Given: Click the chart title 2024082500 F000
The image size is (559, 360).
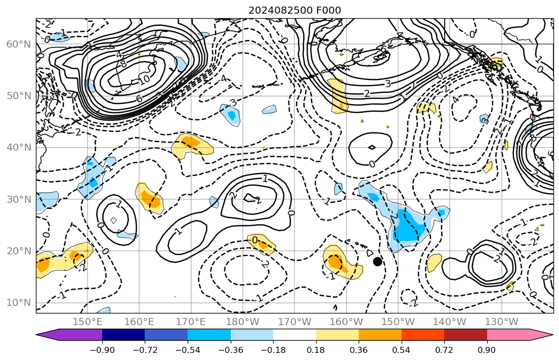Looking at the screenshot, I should click(294, 11).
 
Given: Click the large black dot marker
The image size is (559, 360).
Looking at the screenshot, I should click(377, 261).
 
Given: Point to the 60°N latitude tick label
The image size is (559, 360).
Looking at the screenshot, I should click(18, 44).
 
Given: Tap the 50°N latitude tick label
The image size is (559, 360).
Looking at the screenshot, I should click(18, 96).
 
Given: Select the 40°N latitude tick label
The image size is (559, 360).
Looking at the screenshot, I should click(18, 148).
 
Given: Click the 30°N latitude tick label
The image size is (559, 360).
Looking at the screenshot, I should click(18, 199).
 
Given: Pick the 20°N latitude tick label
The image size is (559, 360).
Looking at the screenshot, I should click(18, 251).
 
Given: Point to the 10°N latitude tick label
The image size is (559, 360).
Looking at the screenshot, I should click(18, 303).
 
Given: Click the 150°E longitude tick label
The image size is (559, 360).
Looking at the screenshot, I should click(88, 322).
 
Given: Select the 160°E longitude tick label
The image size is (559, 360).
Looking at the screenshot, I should click(139, 322).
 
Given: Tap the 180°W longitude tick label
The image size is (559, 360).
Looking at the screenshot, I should click(243, 322).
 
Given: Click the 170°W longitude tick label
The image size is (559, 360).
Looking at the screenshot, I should click(294, 322).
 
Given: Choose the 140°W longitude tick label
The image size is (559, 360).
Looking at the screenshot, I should click(450, 322).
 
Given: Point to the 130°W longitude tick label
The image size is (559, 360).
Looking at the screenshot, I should click(501, 322).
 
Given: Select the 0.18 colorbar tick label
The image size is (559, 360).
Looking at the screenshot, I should click(316, 350).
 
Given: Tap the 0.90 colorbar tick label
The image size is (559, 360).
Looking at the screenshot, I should click(487, 350).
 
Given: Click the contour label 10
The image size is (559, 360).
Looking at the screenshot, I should click(145, 79).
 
